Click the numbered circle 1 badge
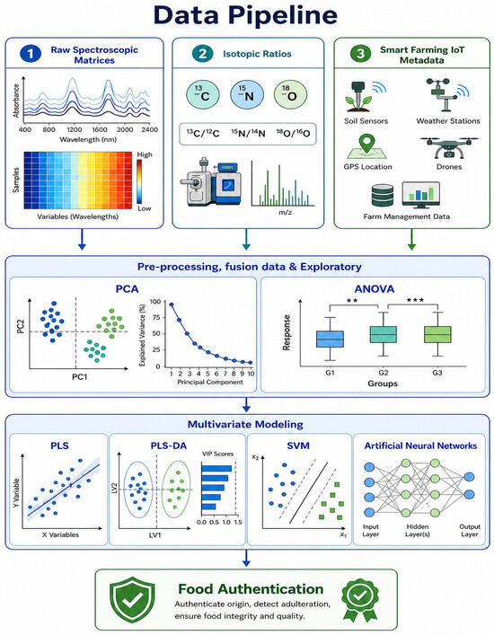point(30,54)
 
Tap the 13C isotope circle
point(203,94)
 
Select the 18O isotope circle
point(290,94)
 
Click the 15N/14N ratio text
point(248,133)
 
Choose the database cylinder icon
point(383,196)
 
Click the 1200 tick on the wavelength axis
point(74,129)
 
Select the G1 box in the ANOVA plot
point(330,339)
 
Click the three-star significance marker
point(415,300)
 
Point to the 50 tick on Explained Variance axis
point(155,333)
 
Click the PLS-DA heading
point(169,445)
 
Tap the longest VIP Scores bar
point(216,469)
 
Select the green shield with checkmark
point(132,600)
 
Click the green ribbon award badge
point(360,599)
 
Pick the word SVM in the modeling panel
point(298,445)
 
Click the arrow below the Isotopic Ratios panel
point(246,239)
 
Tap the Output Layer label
point(470,531)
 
